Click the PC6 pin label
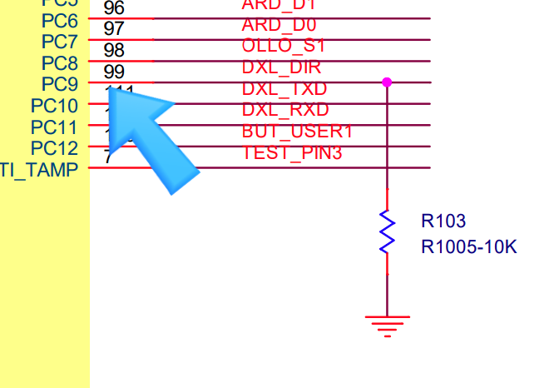tap(59, 20)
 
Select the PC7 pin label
tap(59, 42)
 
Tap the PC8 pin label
tap(59, 63)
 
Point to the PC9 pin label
tap(59, 84)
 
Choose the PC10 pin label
tap(54, 106)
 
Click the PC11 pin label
tap(54, 127)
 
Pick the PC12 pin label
tap(54, 148)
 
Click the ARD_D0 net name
tap(279, 25)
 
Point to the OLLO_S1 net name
tap(284, 46)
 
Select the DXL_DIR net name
tap(281, 67)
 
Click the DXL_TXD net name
tap(284, 88)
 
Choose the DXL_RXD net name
tap(285, 110)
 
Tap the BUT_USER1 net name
tap(297, 132)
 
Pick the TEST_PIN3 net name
tap(292, 152)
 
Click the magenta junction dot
tap(387, 82)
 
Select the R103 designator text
tap(443, 221)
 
